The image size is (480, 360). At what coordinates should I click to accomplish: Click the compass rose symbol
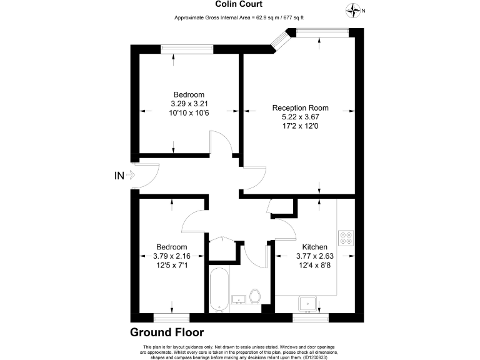pos(353,11)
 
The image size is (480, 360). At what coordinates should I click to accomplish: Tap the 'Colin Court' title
pos(239,4)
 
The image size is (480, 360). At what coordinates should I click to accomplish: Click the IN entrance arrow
pos(131,176)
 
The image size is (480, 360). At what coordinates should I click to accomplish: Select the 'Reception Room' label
pos(300,107)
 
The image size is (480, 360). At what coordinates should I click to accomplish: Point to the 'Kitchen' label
pos(315,247)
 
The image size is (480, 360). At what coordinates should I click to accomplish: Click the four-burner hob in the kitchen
pos(346,238)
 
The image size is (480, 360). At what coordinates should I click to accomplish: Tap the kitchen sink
pos(308,304)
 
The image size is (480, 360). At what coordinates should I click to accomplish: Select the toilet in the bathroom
pos(255,296)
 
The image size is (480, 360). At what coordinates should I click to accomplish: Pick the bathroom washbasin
pos(239,299)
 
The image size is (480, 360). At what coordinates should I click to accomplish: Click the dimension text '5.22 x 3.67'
pos(300,117)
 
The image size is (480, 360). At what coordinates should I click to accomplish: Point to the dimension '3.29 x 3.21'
pos(189,104)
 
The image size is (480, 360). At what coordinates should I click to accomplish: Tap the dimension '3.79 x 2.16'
pos(172,256)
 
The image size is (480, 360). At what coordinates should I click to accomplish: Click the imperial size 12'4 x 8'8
pos(315,265)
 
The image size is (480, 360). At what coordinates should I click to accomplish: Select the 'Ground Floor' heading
pos(167,332)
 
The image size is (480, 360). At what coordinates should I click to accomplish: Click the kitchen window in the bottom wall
pos(311,318)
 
